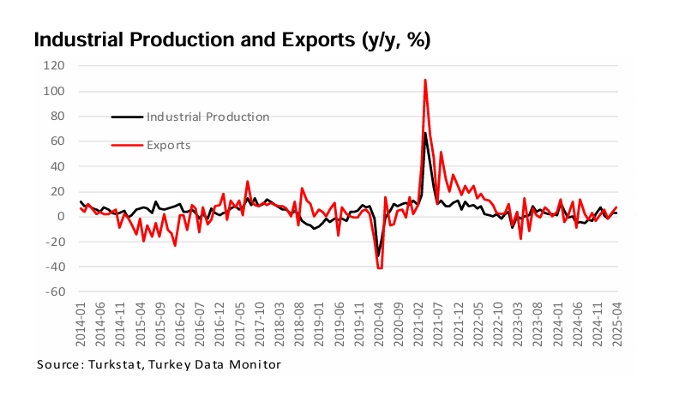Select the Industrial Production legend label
(x=208, y=117)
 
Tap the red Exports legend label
(x=169, y=146)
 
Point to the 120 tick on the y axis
(x=56, y=66)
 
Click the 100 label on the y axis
(x=56, y=91)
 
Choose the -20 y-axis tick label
(x=57, y=242)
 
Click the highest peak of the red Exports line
(x=425, y=80)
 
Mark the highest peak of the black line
(x=425, y=132)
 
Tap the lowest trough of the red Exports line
(x=380, y=268)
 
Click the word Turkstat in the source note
(x=114, y=365)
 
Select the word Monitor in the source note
(x=258, y=365)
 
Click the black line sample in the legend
(x=127, y=117)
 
